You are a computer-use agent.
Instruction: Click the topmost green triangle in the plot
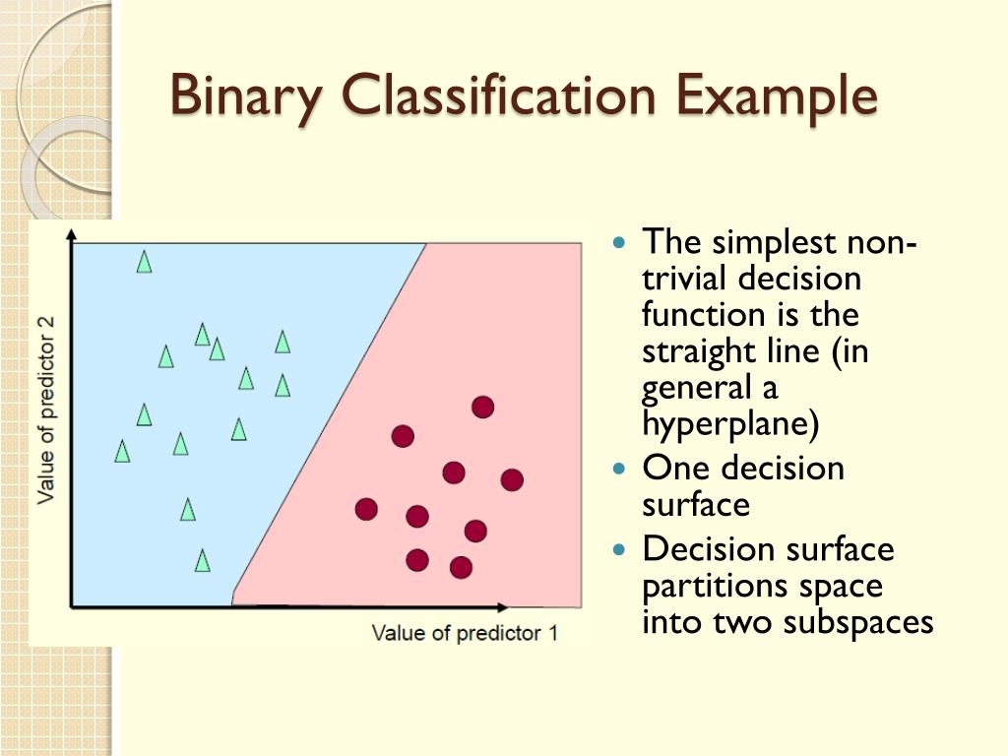click(144, 261)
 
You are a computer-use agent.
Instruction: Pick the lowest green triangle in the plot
click(202, 560)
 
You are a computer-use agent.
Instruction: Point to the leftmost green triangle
click(122, 451)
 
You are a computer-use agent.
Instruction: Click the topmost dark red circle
click(482, 407)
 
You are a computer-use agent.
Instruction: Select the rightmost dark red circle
click(512, 479)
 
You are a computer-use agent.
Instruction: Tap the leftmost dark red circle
click(366, 509)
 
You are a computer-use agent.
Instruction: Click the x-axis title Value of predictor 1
click(465, 633)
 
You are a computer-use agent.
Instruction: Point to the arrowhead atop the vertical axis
click(72, 234)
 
